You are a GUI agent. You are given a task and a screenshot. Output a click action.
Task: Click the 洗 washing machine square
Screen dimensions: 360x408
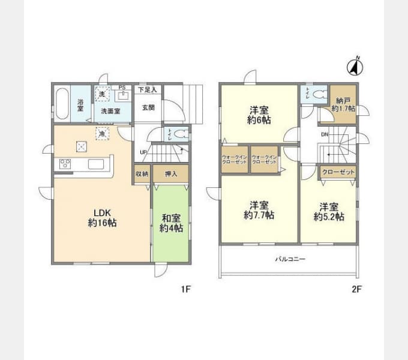103,95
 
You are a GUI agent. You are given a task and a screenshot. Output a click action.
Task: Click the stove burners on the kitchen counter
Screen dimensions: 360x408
65,164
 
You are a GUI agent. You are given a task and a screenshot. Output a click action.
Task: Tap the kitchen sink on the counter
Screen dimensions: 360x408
96,164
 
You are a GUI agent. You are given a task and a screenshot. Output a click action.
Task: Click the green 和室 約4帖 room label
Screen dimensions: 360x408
171,223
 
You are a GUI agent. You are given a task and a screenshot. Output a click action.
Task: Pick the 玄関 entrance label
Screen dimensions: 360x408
148,108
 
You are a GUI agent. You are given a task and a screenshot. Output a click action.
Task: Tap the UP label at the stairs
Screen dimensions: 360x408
142,152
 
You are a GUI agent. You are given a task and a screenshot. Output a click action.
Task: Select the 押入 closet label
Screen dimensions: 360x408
170,174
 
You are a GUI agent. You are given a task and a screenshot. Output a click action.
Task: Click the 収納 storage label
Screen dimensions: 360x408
142,174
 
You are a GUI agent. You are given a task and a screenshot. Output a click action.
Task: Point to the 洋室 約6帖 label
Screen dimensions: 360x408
259,115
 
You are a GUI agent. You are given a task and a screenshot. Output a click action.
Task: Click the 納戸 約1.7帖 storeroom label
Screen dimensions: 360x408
344,105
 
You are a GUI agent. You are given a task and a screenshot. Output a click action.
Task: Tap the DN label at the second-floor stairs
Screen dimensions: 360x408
324,134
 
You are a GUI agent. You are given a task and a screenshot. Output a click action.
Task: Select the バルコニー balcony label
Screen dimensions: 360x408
290,259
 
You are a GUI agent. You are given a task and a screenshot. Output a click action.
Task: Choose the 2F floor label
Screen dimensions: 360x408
356,289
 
